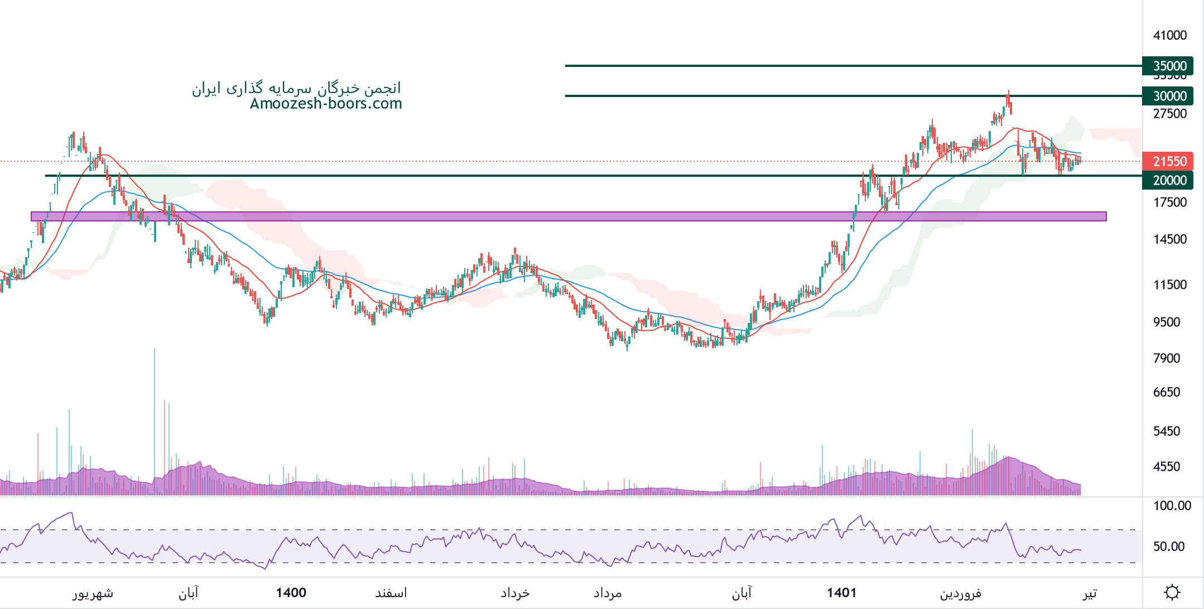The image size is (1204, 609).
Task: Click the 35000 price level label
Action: click(1168, 66)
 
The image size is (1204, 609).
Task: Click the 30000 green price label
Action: click(1168, 96)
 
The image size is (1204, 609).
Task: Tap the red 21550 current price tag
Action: click(1168, 161)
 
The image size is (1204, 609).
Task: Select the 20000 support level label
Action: click(1168, 180)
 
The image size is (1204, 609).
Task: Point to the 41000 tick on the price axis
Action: click(1170, 35)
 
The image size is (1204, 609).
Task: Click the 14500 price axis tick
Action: click(1170, 239)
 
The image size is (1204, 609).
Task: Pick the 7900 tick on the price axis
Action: click(1167, 358)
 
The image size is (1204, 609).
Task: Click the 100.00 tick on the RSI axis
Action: click(1172, 506)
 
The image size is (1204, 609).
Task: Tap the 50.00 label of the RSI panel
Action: click(1169, 547)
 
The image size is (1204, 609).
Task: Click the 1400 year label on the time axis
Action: click(291, 592)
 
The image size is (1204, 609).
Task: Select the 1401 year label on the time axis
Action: click(841, 592)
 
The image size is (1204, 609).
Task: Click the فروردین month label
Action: click(960, 593)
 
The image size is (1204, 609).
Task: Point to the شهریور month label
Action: click(93, 593)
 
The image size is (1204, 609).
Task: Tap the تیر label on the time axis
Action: click(1089, 593)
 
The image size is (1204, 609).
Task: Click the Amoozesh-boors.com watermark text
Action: click(326, 104)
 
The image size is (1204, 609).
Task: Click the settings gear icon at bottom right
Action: click(1172, 592)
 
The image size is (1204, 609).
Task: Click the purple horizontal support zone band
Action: click(558, 216)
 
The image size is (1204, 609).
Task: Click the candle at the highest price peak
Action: click(1008, 98)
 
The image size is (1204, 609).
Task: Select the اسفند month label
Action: click(391, 593)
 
